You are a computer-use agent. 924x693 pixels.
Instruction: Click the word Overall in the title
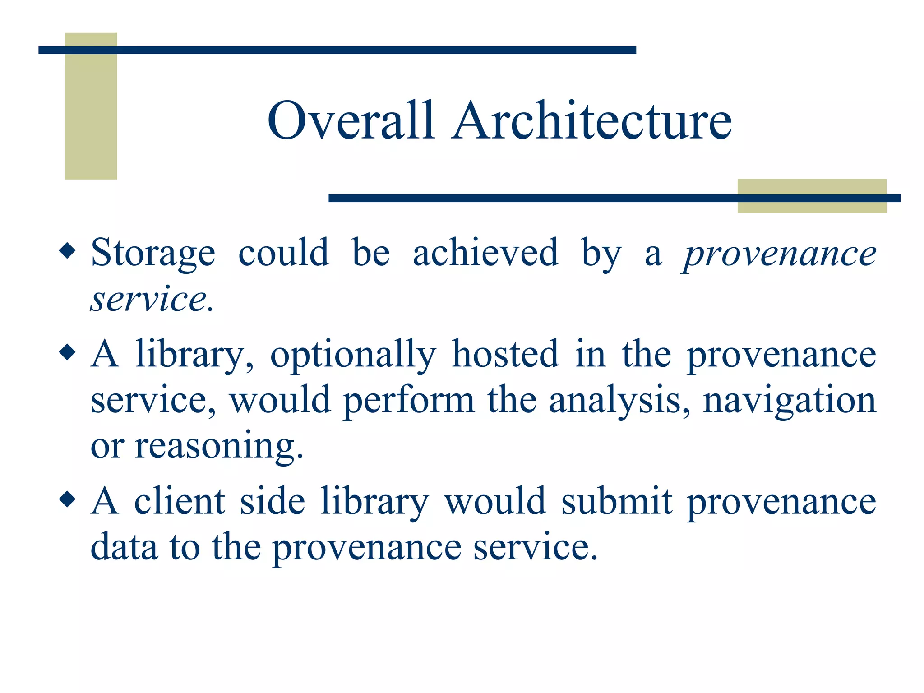(x=351, y=120)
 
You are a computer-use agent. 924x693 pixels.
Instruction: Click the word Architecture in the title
(x=592, y=120)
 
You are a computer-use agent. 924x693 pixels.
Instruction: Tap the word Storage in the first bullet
(x=153, y=253)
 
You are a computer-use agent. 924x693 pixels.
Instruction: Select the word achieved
(x=485, y=252)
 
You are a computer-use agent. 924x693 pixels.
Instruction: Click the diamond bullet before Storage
(x=68, y=250)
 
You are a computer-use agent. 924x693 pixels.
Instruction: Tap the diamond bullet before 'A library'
(x=68, y=352)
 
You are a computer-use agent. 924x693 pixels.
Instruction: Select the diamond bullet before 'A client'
(x=68, y=499)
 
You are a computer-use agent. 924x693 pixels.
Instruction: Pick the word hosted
(x=505, y=354)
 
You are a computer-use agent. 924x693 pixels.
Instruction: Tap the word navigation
(x=790, y=401)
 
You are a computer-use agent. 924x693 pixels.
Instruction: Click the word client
(x=180, y=501)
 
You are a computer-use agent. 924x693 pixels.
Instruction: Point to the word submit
(x=617, y=501)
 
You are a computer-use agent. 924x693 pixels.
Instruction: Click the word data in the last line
(x=124, y=547)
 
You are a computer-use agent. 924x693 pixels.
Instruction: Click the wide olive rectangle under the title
(x=812, y=196)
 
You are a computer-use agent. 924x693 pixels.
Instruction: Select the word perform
(x=409, y=401)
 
